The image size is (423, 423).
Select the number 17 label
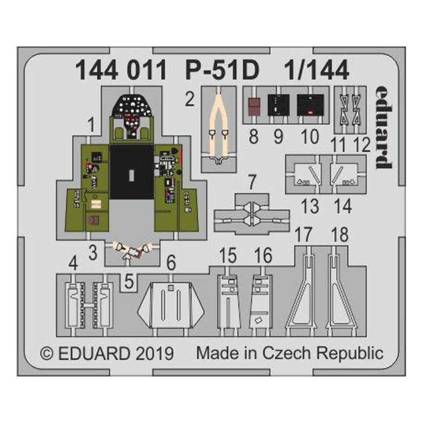coord(303,235)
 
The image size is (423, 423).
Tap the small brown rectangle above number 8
coord(253,107)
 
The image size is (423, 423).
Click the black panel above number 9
coord(279,104)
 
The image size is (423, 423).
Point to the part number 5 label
coord(130,280)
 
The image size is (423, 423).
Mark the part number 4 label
coord(73,265)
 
